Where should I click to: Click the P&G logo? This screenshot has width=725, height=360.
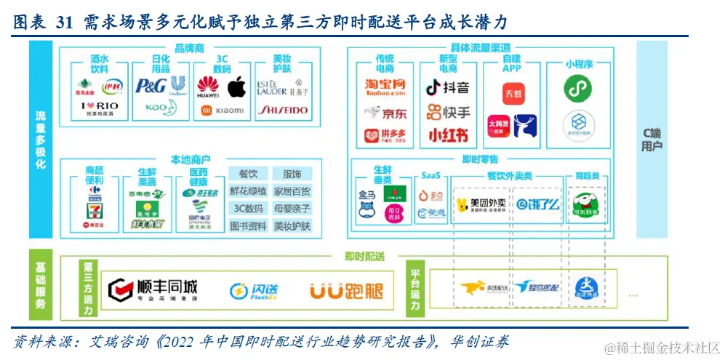151,86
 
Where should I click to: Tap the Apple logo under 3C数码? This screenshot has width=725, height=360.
237,87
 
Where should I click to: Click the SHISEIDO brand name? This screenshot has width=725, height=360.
284,111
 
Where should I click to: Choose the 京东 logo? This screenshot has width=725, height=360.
385,113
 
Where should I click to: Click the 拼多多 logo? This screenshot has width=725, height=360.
385,135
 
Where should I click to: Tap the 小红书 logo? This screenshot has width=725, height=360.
447,135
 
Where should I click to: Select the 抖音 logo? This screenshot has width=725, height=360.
447,88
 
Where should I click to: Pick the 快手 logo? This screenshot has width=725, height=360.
447,112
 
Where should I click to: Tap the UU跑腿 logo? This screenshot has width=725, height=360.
346,291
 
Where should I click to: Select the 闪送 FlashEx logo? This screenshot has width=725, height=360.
253,292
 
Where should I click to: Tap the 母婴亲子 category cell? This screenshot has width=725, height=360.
292,209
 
